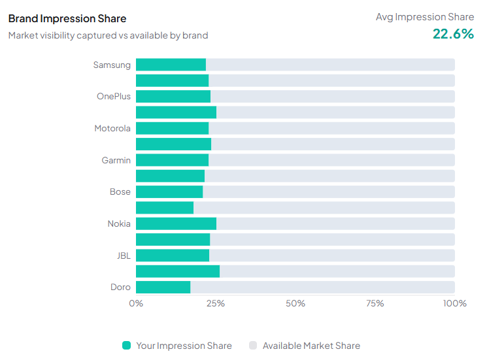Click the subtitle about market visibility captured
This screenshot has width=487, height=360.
(108, 35)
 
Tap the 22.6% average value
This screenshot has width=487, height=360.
(453, 34)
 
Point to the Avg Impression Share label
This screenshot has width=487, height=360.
(424, 17)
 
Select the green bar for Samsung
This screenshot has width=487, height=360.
(171, 65)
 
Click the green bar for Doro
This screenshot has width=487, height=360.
(163, 287)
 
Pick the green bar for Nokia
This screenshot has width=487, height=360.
(176, 223)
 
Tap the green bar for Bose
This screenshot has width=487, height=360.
(169, 192)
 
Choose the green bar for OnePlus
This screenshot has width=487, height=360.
(173, 97)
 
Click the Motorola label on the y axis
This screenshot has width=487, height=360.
(112, 129)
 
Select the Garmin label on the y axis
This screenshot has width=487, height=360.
(116, 160)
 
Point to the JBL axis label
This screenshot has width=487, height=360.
(124, 255)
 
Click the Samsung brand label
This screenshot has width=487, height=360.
(112, 65)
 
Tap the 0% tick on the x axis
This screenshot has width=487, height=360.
(136, 303)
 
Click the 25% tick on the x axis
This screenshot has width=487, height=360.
(216, 303)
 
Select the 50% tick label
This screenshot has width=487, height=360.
(295, 303)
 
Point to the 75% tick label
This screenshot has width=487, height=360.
(375, 303)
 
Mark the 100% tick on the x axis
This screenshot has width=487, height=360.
(454, 303)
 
